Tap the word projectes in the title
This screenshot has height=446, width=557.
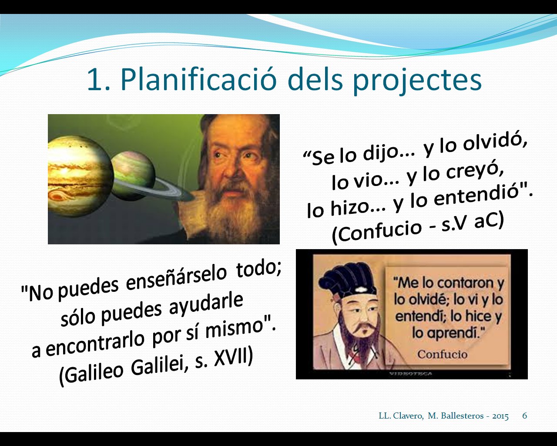pos(417,81)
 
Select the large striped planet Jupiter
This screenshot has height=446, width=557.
pos(80,176)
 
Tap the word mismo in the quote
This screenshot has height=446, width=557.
pos(234,329)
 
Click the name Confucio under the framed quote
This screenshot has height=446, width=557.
pos(443,354)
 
